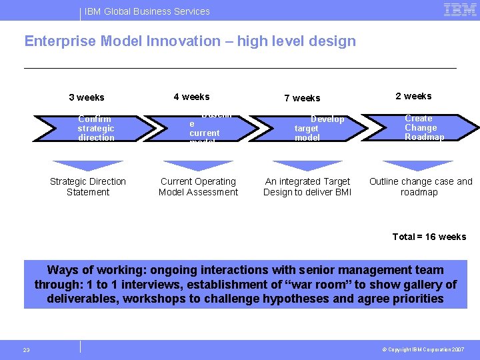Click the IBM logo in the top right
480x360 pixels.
pyautogui.click(x=460, y=10)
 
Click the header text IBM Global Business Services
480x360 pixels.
pyautogui.click(x=147, y=11)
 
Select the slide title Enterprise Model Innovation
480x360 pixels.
pyautogui.click(x=190, y=41)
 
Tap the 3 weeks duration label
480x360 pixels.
pyautogui.click(x=87, y=97)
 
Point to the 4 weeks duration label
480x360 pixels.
pyautogui.click(x=191, y=97)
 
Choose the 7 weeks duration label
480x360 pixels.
pyautogui.click(x=302, y=98)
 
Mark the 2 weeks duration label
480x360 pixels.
pyautogui.click(x=413, y=96)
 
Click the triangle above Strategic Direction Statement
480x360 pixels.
pyautogui.click(x=87, y=165)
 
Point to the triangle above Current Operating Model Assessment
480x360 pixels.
pyautogui.click(x=198, y=165)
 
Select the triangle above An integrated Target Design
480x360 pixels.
pyautogui.click(x=308, y=165)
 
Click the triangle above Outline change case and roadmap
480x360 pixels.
pyautogui.click(x=419, y=165)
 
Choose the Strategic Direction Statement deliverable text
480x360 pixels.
pyautogui.click(x=88, y=187)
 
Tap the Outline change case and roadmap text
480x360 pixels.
pyautogui.click(x=421, y=187)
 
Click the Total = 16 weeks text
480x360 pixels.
pyautogui.click(x=429, y=237)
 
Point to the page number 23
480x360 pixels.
pyautogui.click(x=27, y=350)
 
